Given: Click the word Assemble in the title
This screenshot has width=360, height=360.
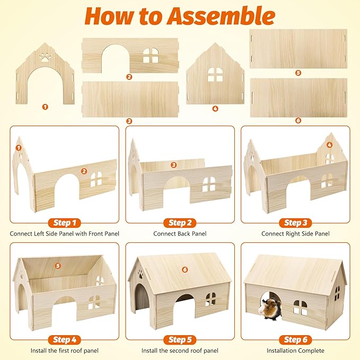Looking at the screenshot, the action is [x=222, y=16].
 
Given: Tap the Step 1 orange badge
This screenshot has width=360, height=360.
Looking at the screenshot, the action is [x=65, y=223].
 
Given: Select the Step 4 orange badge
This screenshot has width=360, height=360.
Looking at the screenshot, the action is [x=65, y=339].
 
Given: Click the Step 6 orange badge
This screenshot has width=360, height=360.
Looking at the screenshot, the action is [x=295, y=339].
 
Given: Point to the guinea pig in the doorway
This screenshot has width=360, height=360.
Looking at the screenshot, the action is [x=270, y=309].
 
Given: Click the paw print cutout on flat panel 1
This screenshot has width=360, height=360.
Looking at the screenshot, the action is [x=45, y=57].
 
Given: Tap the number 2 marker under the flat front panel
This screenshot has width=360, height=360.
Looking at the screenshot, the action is [x=129, y=77].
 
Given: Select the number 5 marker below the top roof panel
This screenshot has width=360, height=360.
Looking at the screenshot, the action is [x=298, y=73].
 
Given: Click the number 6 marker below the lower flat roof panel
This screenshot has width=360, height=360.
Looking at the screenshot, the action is [x=298, y=120].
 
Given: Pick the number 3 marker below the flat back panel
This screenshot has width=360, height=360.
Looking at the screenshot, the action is [x=129, y=121].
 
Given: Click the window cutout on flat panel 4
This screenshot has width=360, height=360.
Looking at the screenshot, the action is [x=215, y=75].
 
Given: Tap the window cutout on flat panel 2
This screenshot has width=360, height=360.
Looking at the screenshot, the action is [x=151, y=55].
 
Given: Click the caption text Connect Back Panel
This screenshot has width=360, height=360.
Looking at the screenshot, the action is [x=180, y=234].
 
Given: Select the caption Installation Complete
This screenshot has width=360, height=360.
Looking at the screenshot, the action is [x=295, y=350].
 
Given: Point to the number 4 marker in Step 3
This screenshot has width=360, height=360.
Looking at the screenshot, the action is [x=329, y=145].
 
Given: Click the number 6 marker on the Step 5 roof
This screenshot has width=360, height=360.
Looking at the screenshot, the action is [x=185, y=269].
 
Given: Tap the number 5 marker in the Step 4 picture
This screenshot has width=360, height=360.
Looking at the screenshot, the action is [x=58, y=266].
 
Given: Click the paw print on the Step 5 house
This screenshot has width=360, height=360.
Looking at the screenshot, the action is [x=141, y=274].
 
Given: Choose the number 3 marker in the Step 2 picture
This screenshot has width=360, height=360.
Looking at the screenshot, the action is [x=173, y=165].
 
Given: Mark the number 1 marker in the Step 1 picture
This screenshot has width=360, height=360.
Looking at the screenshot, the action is [x=19, y=148].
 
